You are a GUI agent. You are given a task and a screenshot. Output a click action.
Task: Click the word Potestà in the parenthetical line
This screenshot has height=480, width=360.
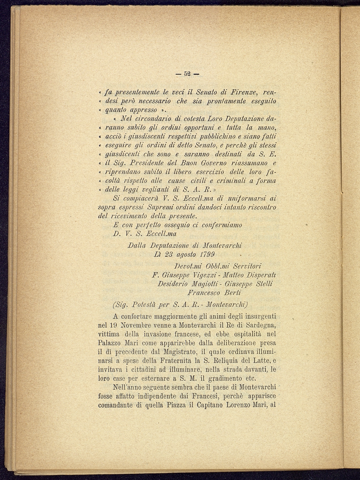(146, 305)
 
